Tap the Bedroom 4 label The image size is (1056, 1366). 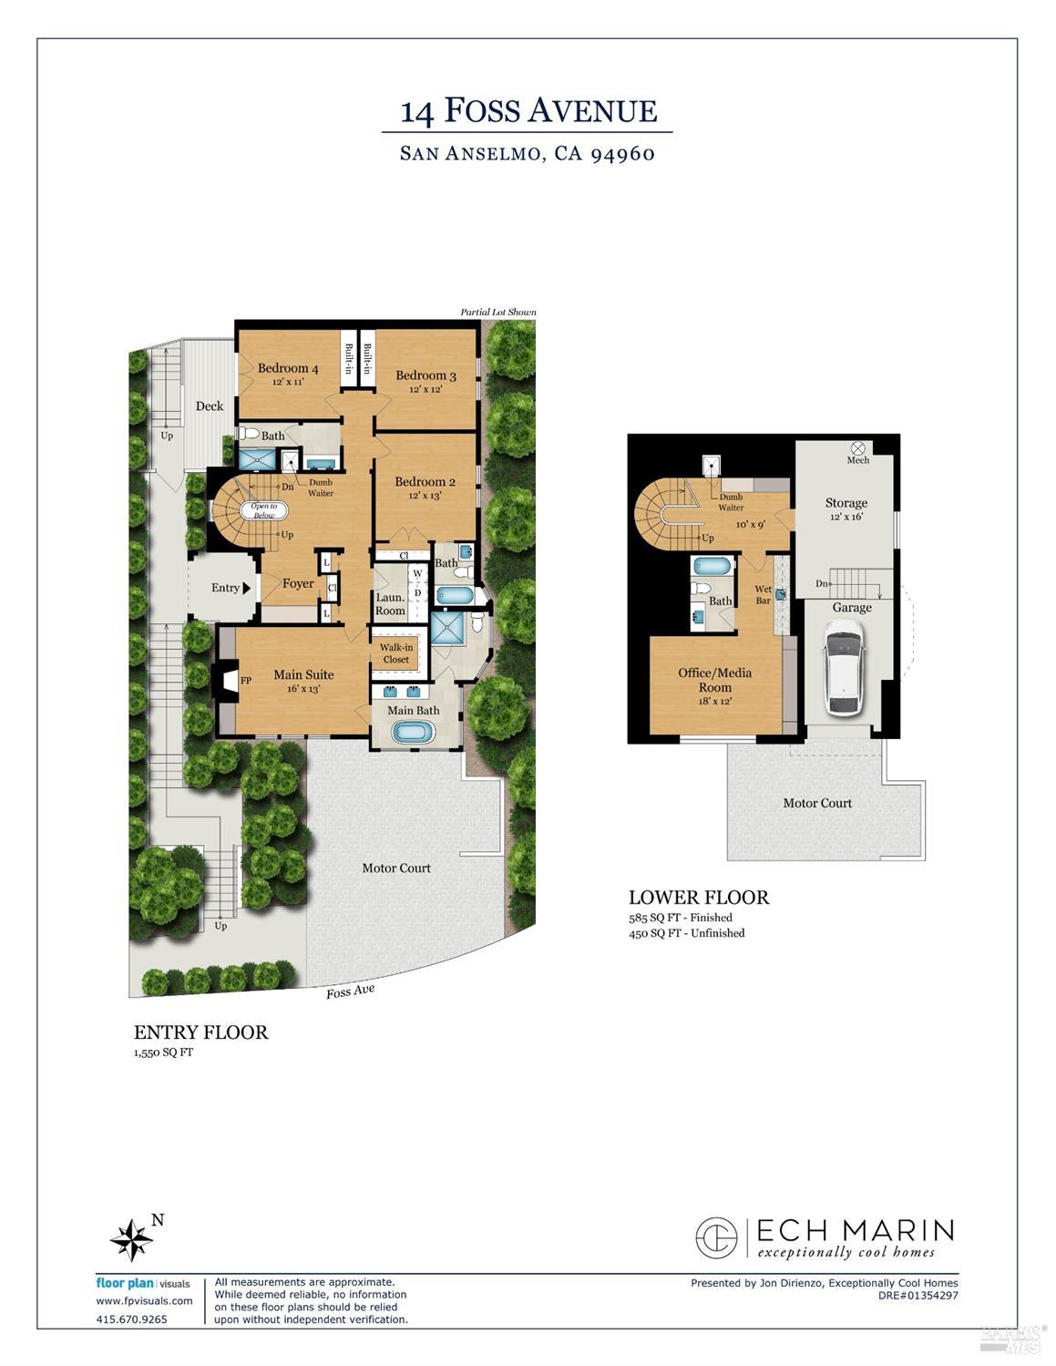click(287, 368)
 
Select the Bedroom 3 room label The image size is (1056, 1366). click(425, 375)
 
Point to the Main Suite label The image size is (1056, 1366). click(303, 675)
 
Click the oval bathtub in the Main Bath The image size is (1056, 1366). click(414, 732)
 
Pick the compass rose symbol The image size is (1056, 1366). click(131, 1239)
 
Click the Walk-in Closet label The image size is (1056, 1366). click(396, 653)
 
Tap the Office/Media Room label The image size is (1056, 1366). click(715, 680)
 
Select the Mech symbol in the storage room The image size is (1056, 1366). click(857, 448)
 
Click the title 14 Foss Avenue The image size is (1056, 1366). click(528, 111)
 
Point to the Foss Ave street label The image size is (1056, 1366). click(350, 991)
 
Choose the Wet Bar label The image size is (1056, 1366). click(763, 595)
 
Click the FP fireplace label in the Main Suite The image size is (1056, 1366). click(245, 681)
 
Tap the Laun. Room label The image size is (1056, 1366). click(390, 604)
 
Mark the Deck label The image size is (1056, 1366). click(210, 406)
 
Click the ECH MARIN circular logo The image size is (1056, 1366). click(716, 1238)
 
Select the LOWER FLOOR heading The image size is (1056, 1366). click(699, 898)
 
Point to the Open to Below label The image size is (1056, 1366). click(264, 510)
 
